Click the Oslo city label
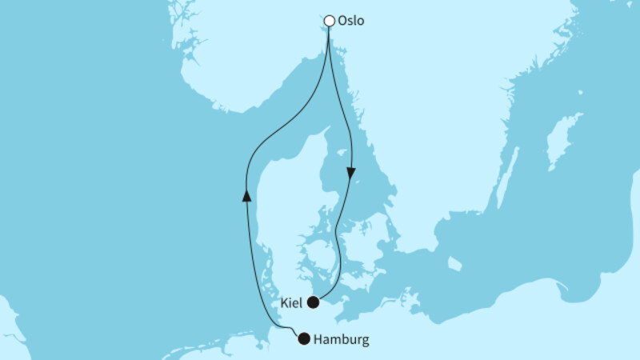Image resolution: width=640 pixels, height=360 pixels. pyautogui.click(x=350, y=21)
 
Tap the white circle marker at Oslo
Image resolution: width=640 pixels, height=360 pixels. pyautogui.click(x=329, y=21)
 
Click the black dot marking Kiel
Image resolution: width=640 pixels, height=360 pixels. pyautogui.click(x=314, y=302)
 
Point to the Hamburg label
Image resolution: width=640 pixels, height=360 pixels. pyautogui.click(x=342, y=339)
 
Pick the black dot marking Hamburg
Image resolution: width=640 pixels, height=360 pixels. pyautogui.click(x=303, y=338)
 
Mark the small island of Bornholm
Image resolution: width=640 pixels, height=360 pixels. pyautogui.click(x=454, y=263)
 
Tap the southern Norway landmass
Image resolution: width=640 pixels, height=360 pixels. pyautogui.click(x=240, y=64)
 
